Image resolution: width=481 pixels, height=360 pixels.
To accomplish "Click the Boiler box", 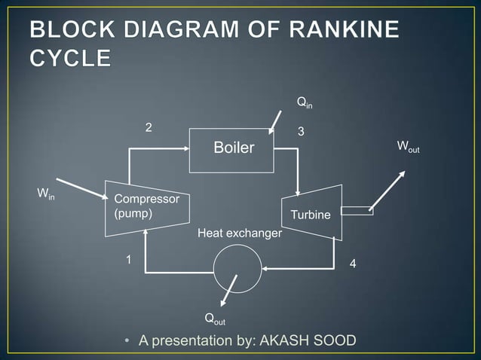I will [x=233, y=148].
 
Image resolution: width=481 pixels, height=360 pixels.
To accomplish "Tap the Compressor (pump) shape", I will [x=146, y=203].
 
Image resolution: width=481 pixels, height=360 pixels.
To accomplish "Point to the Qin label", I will [x=304, y=101].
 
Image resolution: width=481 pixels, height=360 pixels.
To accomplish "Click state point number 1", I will [x=128, y=260].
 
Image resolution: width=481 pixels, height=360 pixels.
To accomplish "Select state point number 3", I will [x=301, y=132].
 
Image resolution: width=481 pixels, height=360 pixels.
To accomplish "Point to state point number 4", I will [x=353, y=264].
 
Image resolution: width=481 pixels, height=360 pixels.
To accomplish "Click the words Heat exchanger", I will [x=239, y=234].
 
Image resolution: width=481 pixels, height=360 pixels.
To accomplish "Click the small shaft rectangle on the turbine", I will [x=357, y=210].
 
